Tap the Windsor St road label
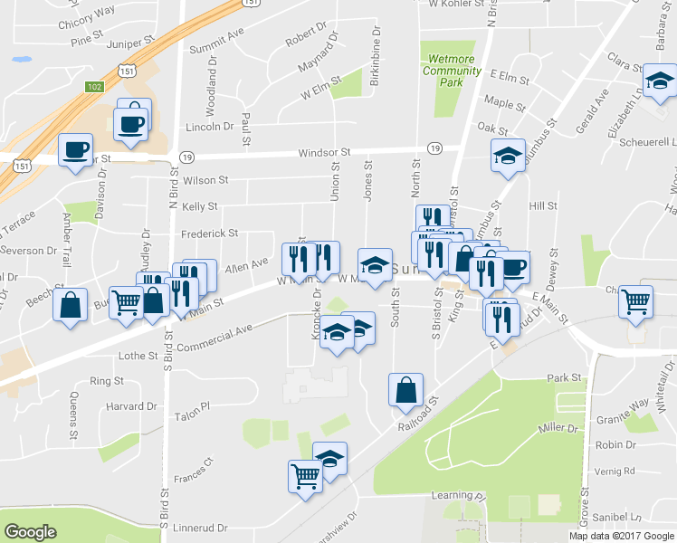[326, 153]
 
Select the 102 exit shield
[93, 86]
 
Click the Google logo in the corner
[30, 532]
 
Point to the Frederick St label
[209, 233]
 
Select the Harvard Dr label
[130, 406]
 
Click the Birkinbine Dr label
[375, 61]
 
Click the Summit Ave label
[224, 33]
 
